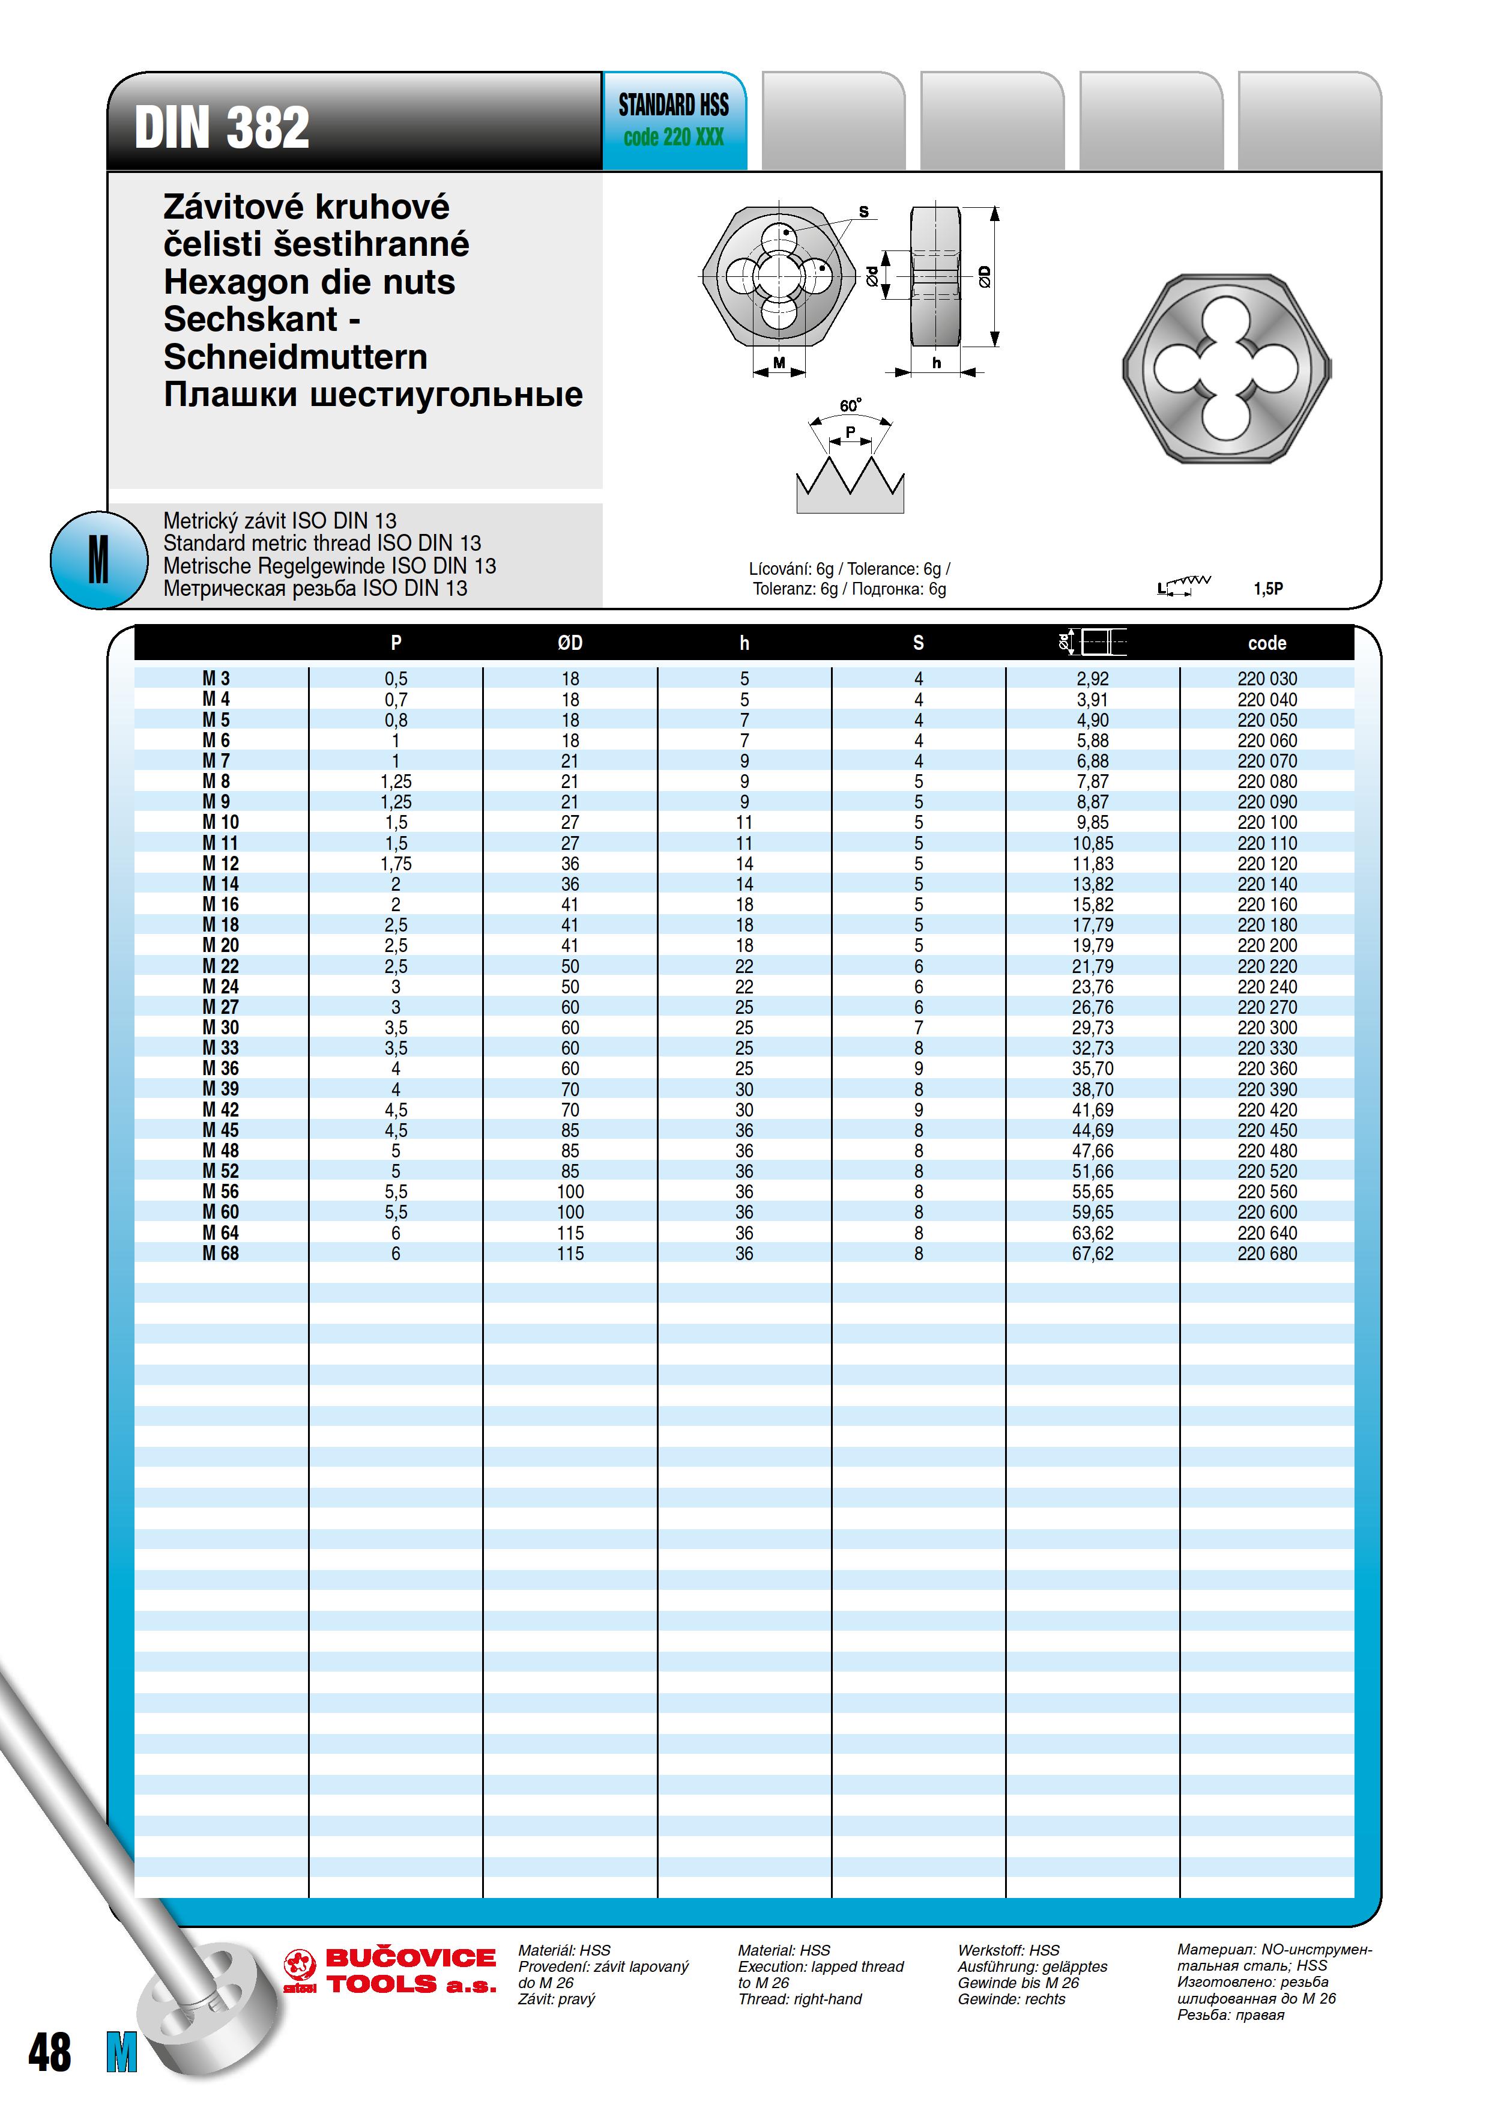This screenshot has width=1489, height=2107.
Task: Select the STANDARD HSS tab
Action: pyautogui.click(x=674, y=120)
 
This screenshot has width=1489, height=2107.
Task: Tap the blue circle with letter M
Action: pyautogui.click(x=98, y=560)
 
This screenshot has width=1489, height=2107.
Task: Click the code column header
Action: pyautogui.click(x=1266, y=643)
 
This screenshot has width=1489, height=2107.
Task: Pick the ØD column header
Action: pyautogui.click(x=570, y=643)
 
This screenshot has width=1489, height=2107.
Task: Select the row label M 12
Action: pyautogui.click(x=220, y=864)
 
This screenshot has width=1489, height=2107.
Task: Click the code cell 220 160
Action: pyautogui.click(x=1267, y=905)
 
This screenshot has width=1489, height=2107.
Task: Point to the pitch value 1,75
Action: pyautogui.click(x=396, y=864)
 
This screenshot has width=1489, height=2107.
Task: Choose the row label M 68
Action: pyautogui.click(x=220, y=1254)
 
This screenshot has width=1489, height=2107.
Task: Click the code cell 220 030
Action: pyautogui.click(x=1267, y=679)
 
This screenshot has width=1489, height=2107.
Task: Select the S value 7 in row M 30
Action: pyautogui.click(x=919, y=1028)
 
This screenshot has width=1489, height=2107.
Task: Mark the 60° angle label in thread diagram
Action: pyautogui.click(x=850, y=405)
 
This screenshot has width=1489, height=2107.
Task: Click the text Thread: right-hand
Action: pyautogui.click(x=799, y=1999)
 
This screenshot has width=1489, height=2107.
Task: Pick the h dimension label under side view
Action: pyautogui.click(x=937, y=363)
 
